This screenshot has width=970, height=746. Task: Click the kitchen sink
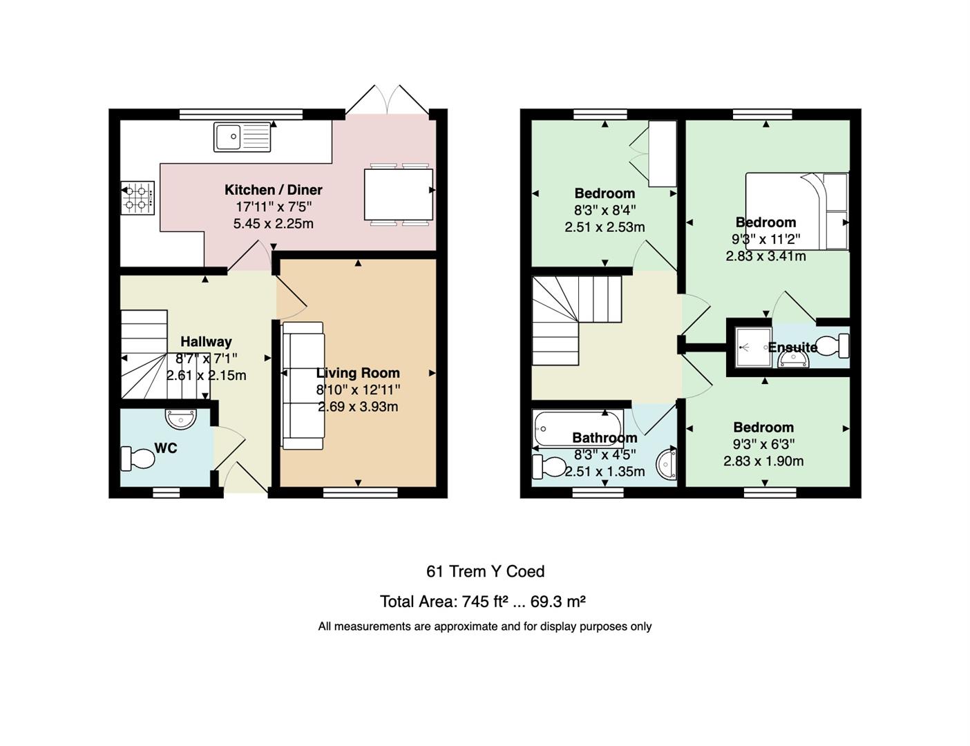click(242, 137)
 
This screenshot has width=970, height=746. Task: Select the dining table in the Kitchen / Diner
click(398, 195)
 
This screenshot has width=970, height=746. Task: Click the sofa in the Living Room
click(303, 385)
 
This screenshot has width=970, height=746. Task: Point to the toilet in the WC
click(137, 459)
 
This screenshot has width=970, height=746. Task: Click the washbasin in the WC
click(181, 419)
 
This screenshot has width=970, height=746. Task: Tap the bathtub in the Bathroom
click(578, 428)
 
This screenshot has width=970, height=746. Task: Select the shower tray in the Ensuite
click(753, 347)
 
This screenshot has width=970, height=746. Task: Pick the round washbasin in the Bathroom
click(667, 464)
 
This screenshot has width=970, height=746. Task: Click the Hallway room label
click(207, 342)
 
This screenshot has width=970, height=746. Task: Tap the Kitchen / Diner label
click(273, 190)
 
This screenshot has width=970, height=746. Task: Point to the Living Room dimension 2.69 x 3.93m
click(358, 407)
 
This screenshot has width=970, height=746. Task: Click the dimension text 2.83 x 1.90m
click(763, 461)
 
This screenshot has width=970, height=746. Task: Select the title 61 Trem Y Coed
click(485, 571)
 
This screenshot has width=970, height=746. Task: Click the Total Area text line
click(482, 602)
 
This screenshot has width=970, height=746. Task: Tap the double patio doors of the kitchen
click(388, 99)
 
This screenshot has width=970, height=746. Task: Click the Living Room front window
click(360, 492)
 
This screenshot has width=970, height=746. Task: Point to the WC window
click(166, 492)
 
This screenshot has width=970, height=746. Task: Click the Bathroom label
click(605, 438)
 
